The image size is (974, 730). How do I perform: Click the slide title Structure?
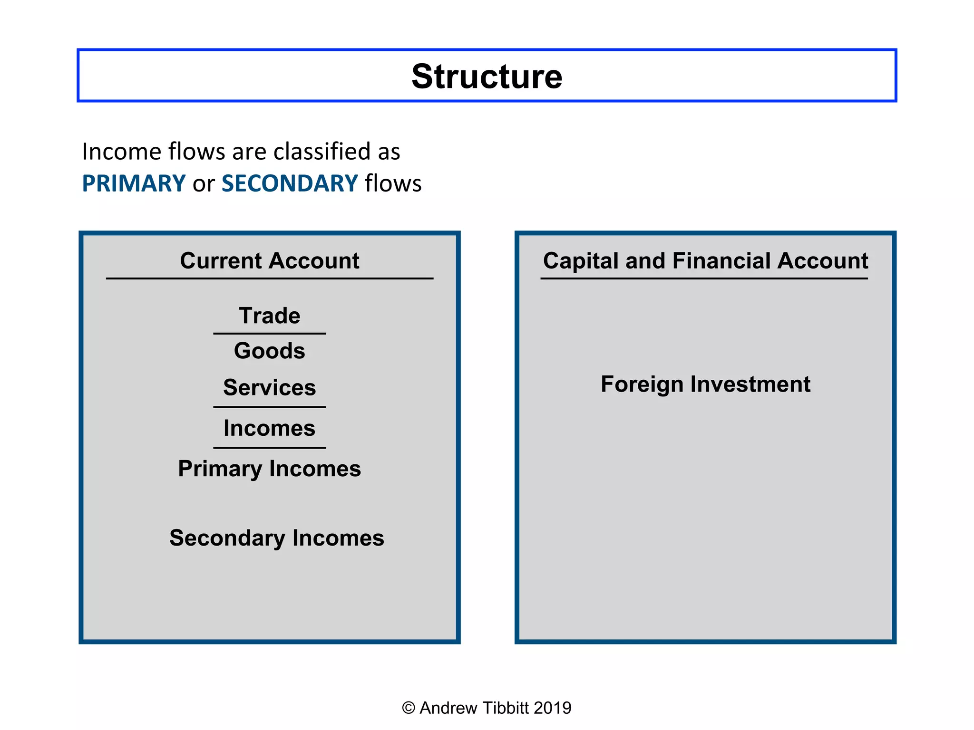pyautogui.click(x=487, y=76)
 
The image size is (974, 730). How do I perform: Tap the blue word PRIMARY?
pyautogui.click(x=134, y=183)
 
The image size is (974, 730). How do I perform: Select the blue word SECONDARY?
pyautogui.click(x=290, y=183)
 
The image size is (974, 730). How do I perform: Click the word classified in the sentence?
pyautogui.click(x=322, y=152)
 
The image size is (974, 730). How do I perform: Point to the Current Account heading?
pyautogui.click(x=269, y=260)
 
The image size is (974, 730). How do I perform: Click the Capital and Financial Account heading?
pyautogui.click(x=705, y=260)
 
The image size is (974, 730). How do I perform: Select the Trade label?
pyautogui.click(x=269, y=316)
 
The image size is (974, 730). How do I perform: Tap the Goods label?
pyautogui.click(x=269, y=351)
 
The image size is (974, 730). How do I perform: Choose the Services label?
pyautogui.click(x=269, y=387)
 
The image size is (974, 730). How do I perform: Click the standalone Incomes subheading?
pyautogui.click(x=269, y=428)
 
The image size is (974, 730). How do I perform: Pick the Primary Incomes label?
pyautogui.click(x=269, y=469)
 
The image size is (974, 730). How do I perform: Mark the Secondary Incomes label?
pyautogui.click(x=276, y=538)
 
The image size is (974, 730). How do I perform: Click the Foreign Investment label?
pyautogui.click(x=705, y=384)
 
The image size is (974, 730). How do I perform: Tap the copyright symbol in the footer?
pyautogui.click(x=408, y=708)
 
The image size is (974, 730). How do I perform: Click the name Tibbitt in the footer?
pyautogui.click(x=505, y=708)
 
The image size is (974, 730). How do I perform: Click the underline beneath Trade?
pyautogui.click(x=269, y=334)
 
